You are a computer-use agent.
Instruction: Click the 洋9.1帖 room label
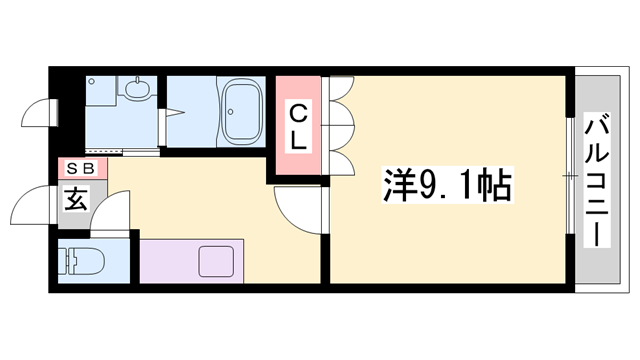click(x=447, y=185)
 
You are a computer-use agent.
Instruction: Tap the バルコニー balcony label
click(x=597, y=180)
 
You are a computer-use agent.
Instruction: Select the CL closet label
click(x=298, y=127)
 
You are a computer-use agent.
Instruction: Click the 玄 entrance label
click(x=76, y=199)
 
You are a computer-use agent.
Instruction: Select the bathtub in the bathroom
click(x=242, y=111)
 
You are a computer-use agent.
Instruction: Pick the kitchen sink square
click(x=216, y=261)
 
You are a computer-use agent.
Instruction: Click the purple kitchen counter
click(x=191, y=261)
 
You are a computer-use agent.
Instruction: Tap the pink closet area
click(x=298, y=125)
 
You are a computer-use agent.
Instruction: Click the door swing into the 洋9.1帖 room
click(x=297, y=210)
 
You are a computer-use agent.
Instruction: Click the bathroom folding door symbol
click(x=171, y=113)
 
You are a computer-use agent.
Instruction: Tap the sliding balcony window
click(x=570, y=176)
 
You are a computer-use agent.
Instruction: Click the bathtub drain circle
click(x=231, y=111)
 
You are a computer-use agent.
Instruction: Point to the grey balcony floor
click(x=598, y=179)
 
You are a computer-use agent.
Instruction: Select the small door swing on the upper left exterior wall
click(x=38, y=113)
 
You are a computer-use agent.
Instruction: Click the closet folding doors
click(x=338, y=126)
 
